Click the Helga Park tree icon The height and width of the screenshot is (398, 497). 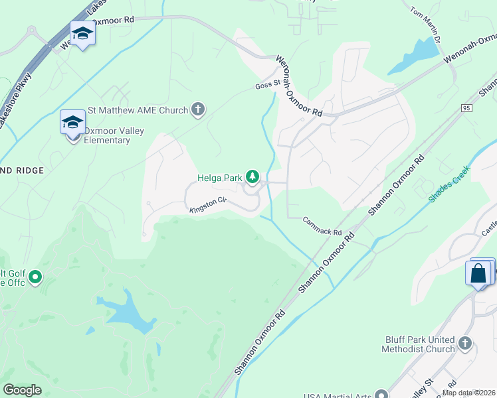(252, 176)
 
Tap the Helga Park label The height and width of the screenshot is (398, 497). (220, 177)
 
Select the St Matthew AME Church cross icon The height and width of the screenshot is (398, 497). (197, 109)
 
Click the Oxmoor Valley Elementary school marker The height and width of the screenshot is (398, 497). (72, 123)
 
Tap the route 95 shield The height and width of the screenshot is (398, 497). (466, 107)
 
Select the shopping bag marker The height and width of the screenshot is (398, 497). (479, 273)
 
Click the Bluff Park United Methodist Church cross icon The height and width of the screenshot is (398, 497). (465, 344)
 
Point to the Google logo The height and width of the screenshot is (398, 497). (22, 390)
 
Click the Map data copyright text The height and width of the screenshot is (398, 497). (468, 393)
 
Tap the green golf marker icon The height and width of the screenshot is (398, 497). (35, 276)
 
